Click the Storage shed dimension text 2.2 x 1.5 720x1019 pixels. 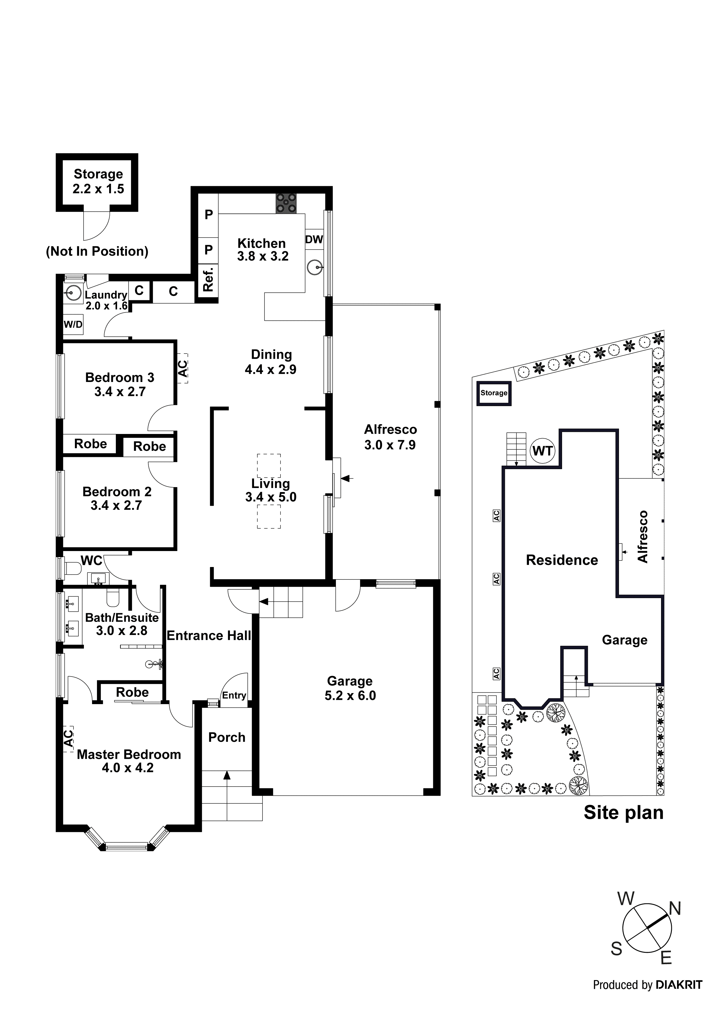click(98, 189)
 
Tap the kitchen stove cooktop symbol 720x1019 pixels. click(286, 203)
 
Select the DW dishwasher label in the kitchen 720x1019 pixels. click(314, 240)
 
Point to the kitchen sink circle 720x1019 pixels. click(314, 268)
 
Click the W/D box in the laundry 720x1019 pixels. click(73, 324)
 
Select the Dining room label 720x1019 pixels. click(271, 355)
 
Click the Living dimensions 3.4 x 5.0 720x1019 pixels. click(271, 497)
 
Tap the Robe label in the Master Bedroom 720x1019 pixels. click(132, 692)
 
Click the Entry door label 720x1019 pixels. click(234, 695)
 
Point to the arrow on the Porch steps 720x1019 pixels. click(227, 775)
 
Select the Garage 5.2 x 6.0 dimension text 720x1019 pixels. click(350, 695)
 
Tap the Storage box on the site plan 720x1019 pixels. click(494, 393)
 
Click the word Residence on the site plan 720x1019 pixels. click(561, 560)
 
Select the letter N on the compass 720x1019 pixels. click(675, 909)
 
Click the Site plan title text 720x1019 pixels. click(623, 813)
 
